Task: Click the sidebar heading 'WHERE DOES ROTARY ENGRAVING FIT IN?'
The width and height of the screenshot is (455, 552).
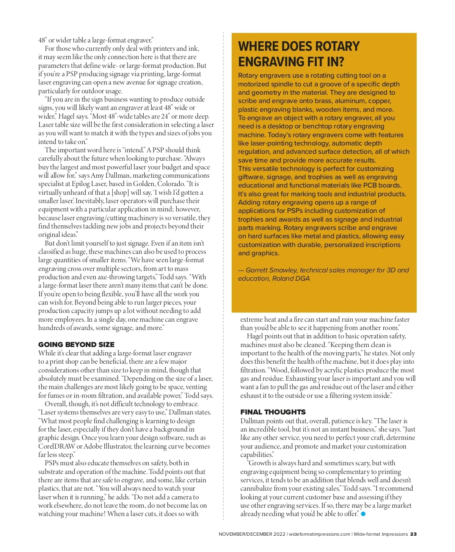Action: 299,54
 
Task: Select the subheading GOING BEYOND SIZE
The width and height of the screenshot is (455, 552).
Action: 76,344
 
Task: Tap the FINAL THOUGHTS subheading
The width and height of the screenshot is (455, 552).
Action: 273,412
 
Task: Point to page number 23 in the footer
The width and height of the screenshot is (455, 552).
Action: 413,534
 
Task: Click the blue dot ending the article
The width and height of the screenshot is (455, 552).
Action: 363,514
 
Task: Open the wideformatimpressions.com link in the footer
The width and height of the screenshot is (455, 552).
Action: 319,534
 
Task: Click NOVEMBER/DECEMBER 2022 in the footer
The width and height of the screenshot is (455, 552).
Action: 252,534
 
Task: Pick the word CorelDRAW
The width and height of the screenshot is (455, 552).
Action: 56,446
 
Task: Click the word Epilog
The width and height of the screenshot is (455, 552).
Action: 80,184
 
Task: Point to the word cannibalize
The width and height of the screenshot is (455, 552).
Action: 258,489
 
